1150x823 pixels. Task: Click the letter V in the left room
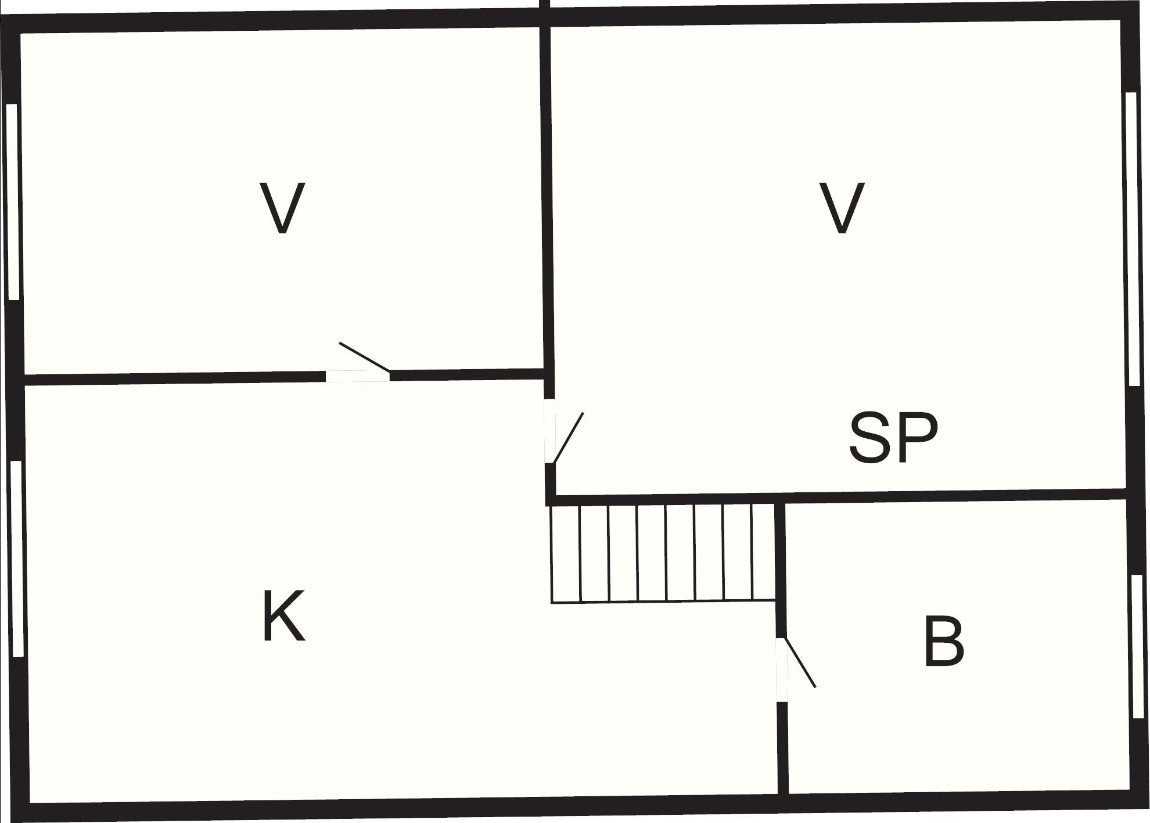[x=282, y=208]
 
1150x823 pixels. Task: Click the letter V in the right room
[x=842, y=208]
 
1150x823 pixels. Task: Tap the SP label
[x=893, y=438]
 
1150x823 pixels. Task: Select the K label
[x=283, y=616]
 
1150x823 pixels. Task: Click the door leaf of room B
[x=800, y=663]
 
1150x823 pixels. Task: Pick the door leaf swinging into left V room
[x=365, y=357]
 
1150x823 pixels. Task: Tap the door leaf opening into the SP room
[x=568, y=438]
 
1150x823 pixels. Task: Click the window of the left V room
[x=13, y=202]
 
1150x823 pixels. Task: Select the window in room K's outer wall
[x=17, y=559]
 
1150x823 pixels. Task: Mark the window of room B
[x=1138, y=646]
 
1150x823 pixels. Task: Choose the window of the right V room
[x=1132, y=239]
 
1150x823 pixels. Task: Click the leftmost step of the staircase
[x=565, y=553]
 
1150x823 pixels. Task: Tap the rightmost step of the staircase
[x=764, y=552]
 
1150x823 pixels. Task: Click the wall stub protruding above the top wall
[x=545, y=4]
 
